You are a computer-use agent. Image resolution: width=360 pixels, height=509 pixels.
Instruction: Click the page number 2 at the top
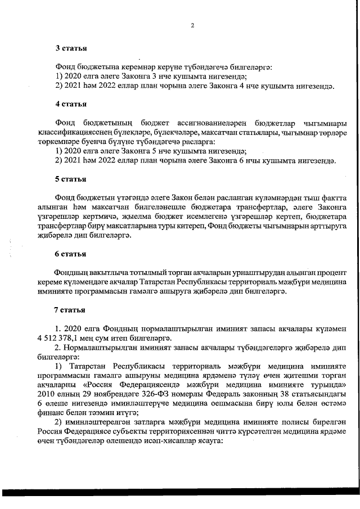[192, 25]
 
